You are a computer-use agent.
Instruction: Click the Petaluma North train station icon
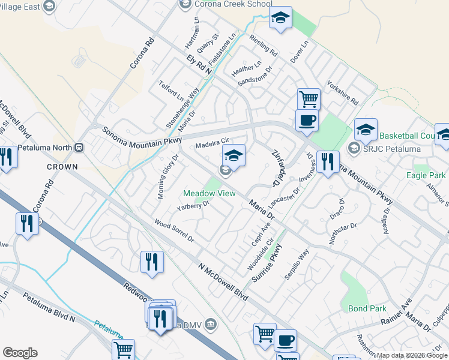(79, 147)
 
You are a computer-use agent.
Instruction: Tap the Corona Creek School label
(228, 4)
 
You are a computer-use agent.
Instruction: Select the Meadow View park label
(209, 193)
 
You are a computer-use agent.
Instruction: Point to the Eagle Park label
(425, 176)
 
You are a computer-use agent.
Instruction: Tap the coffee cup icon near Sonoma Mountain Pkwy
(307, 120)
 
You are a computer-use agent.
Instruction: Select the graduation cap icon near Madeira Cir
(234, 155)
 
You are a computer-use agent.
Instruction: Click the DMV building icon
(211, 325)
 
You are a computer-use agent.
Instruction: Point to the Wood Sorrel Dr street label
(174, 231)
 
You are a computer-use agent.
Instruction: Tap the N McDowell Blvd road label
(224, 280)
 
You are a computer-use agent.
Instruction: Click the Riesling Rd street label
(264, 45)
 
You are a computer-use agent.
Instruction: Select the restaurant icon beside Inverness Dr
(328, 162)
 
